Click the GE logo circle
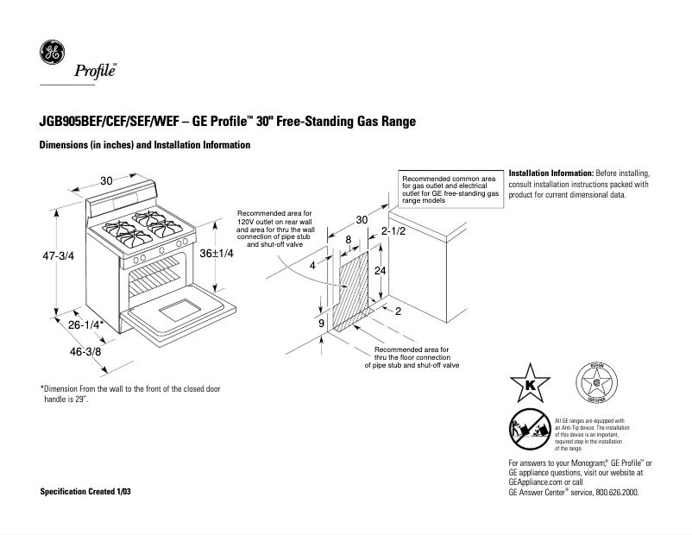point(52,53)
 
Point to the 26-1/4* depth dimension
point(88,325)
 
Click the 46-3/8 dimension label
point(86,351)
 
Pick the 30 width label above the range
point(106,180)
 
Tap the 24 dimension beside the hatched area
point(378,270)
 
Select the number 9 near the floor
point(321,323)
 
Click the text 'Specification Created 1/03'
point(87,491)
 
